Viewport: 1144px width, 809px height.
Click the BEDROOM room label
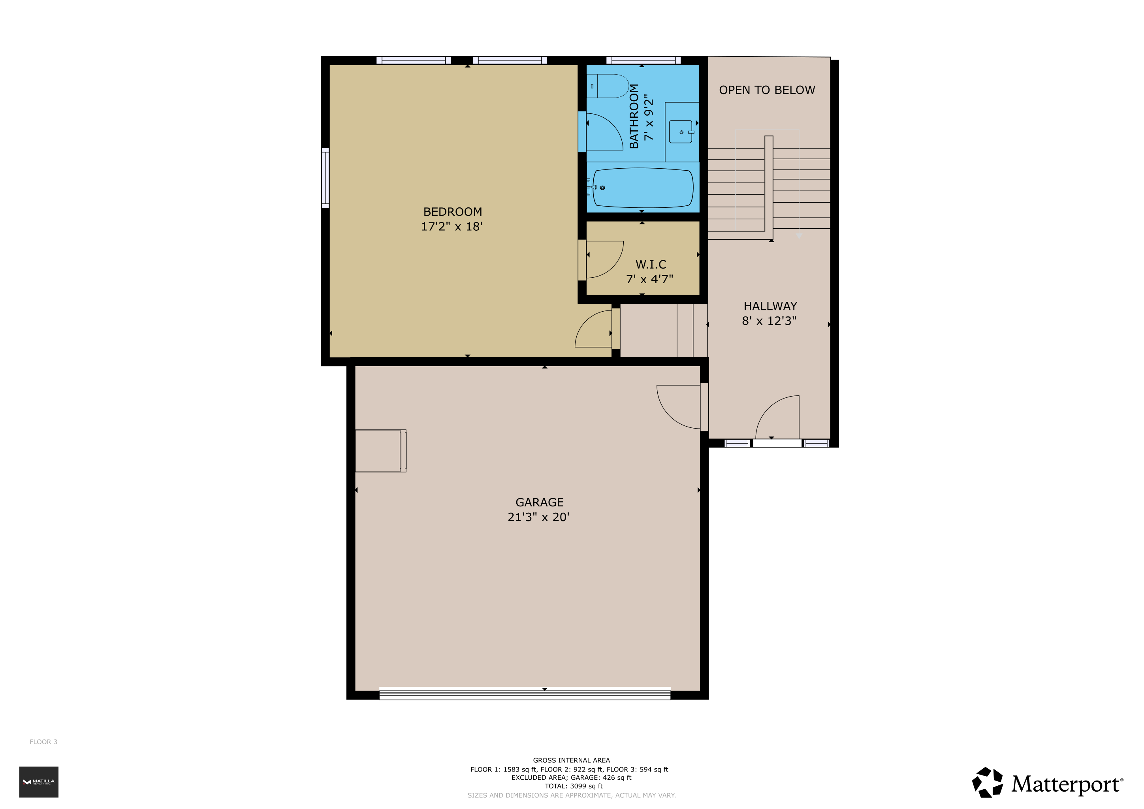452,212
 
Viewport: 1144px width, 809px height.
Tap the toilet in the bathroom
608,86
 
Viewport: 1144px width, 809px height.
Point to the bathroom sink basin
681,132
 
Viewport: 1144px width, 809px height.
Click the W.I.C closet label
651,265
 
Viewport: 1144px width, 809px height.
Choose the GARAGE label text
540,502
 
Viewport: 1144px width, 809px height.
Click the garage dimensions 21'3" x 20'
538,517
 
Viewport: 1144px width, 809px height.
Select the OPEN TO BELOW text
767,90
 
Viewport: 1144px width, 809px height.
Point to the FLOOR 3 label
43,742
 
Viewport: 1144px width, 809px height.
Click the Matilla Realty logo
39,782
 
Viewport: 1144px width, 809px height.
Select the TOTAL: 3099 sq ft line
574,786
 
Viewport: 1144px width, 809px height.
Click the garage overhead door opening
525,693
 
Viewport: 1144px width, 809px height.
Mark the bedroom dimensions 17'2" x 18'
452,227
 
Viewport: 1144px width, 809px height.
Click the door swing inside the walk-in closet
605,260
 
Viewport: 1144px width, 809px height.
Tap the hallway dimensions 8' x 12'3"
769,321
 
